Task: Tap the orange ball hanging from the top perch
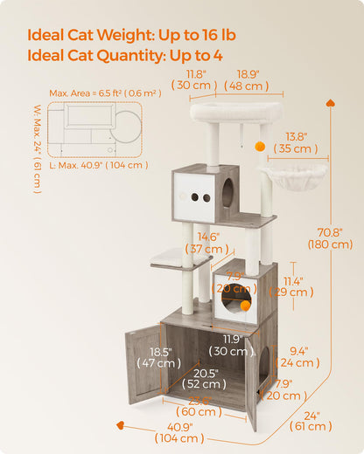[x=260, y=146]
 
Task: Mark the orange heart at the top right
[x=330, y=104]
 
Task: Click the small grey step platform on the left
[x=178, y=258]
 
